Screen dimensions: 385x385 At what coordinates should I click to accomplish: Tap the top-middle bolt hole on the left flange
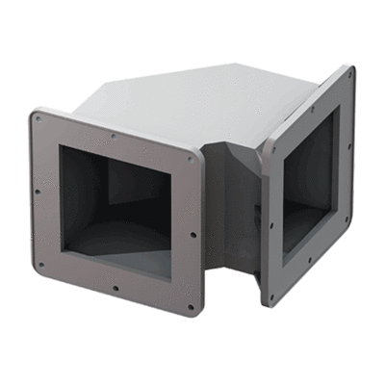[113, 136]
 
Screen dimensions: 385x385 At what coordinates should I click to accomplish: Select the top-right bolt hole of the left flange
[192, 160]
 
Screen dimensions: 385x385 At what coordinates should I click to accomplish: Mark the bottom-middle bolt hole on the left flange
[115, 287]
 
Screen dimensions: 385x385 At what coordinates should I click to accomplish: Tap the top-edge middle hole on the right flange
[311, 107]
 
